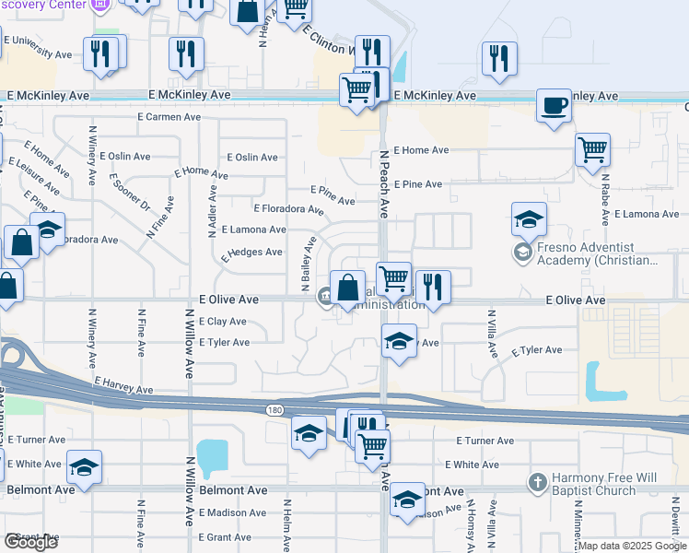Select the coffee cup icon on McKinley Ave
554,106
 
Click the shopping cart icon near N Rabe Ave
593,149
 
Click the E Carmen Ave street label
169,117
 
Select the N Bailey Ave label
308,265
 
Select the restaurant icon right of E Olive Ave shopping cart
432,287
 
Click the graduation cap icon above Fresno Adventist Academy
530,219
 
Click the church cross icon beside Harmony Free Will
538,482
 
